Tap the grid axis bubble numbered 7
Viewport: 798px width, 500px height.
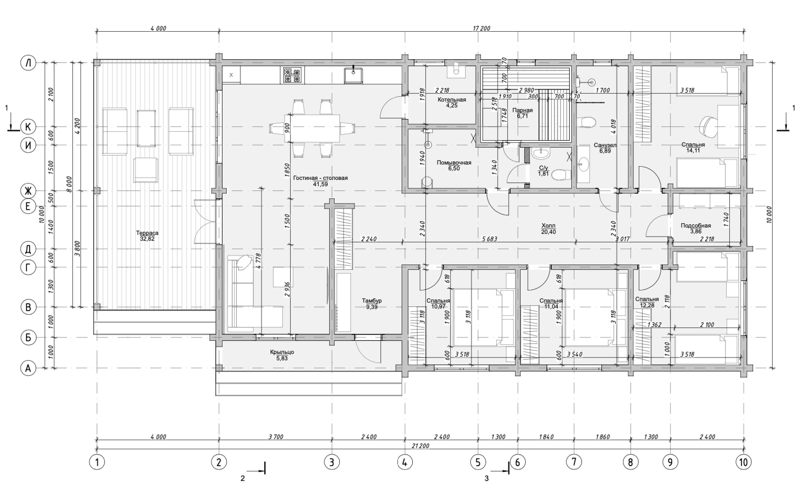(x=574, y=462)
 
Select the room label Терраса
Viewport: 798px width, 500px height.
(x=147, y=233)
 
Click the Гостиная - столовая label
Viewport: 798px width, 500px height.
(x=320, y=178)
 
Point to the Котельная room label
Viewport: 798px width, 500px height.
(x=452, y=99)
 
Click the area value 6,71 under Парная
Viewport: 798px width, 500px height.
(x=522, y=116)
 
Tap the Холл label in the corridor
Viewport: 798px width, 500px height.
(x=548, y=226)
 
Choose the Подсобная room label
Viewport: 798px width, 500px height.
(x=695, y=225)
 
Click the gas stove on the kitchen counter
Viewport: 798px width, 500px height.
(x=292, y=75)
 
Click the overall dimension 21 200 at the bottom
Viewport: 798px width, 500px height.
(x=420, y=446)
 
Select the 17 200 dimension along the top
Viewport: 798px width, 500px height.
(x=481, y=29)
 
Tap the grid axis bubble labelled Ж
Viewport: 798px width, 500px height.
(x=29, y=191)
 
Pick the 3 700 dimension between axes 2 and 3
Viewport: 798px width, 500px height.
(x=276, y=437)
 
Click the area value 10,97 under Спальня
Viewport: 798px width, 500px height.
(x=438, y=307)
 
